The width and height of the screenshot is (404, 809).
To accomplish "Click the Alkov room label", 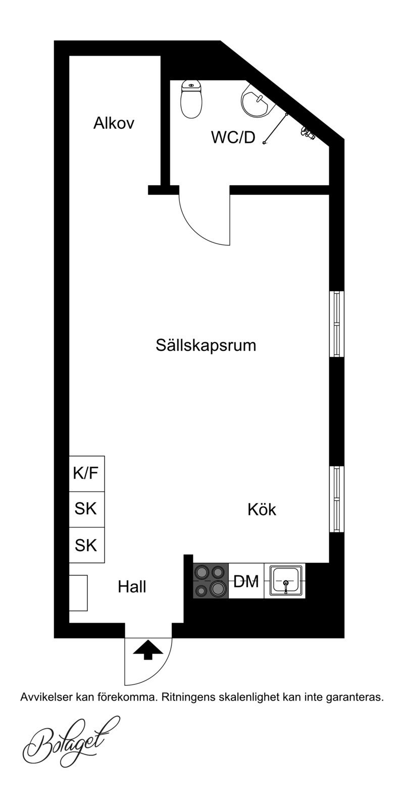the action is point(114,123).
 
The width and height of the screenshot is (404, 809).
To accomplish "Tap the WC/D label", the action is point(233,138).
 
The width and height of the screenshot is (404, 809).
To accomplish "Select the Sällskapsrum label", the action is point(206,346).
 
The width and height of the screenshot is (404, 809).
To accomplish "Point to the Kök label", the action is point(262,510).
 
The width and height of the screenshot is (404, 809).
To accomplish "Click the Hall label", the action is point(132,587).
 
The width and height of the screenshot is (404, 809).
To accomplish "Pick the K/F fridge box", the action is point(87,473).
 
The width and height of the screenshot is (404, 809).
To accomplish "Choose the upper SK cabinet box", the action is point(87,509).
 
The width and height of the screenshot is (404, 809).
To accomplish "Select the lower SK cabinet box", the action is point(87,545).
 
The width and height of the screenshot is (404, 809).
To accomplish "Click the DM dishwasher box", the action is point(246,581).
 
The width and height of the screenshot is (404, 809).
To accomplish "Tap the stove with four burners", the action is point(211,581).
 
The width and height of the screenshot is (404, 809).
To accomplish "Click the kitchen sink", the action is point(285,581).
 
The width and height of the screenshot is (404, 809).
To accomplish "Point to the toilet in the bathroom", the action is point(191,99).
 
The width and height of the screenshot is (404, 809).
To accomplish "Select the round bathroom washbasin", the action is point(257,100).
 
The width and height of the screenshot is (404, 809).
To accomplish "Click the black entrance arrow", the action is point(148,650).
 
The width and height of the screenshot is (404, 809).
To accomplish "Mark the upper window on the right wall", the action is point(337,324).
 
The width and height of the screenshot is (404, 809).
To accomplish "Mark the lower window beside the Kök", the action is point(337,499).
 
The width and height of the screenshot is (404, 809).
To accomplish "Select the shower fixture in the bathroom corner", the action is point(308,133).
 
